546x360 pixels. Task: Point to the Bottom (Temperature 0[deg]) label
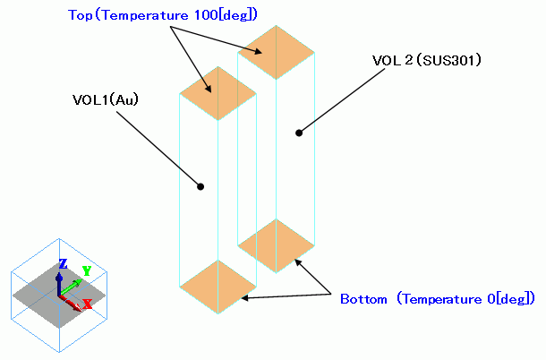click(x=437, y=298)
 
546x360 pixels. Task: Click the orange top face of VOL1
click(x=218, y=92)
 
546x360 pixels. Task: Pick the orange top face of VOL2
click(x=276, y=52)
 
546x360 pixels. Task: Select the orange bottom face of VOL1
click(x=218, y=287)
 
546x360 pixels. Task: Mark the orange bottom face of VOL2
click(x=276, y=245)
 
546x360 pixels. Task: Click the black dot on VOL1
click(x=200, y=186)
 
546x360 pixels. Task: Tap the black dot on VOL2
click(x=299, y=133)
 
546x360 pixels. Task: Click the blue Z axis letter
click(x=62, y=263)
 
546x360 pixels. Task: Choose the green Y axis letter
click(x=87, y=270)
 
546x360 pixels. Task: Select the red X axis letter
click(x=88, y=304)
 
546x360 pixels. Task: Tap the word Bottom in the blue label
click(x=363, y=298)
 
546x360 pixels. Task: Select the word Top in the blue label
click(x=80, y=14)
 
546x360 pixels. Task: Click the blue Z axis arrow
click(x=60, y=279)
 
